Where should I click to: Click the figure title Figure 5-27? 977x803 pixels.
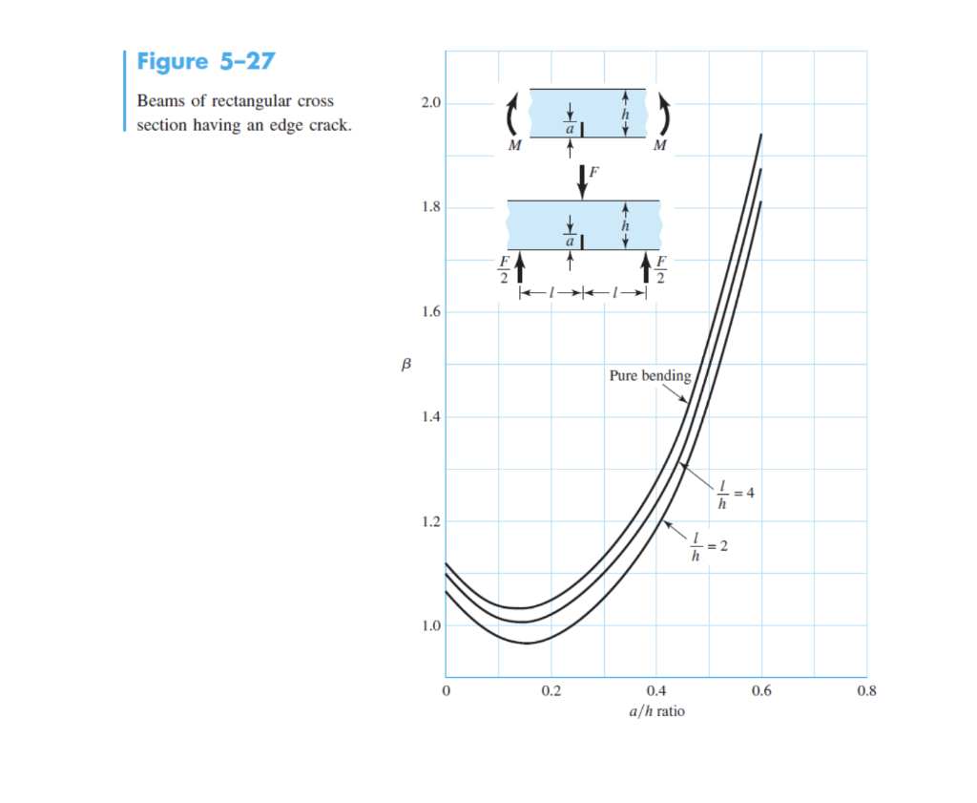pos(205,62)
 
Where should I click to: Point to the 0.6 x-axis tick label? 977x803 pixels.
pos(761,692)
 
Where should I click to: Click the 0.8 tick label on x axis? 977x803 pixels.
pos(866,692)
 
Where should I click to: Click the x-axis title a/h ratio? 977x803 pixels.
pos(656,711)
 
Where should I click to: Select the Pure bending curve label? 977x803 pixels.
pos(650,376)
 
